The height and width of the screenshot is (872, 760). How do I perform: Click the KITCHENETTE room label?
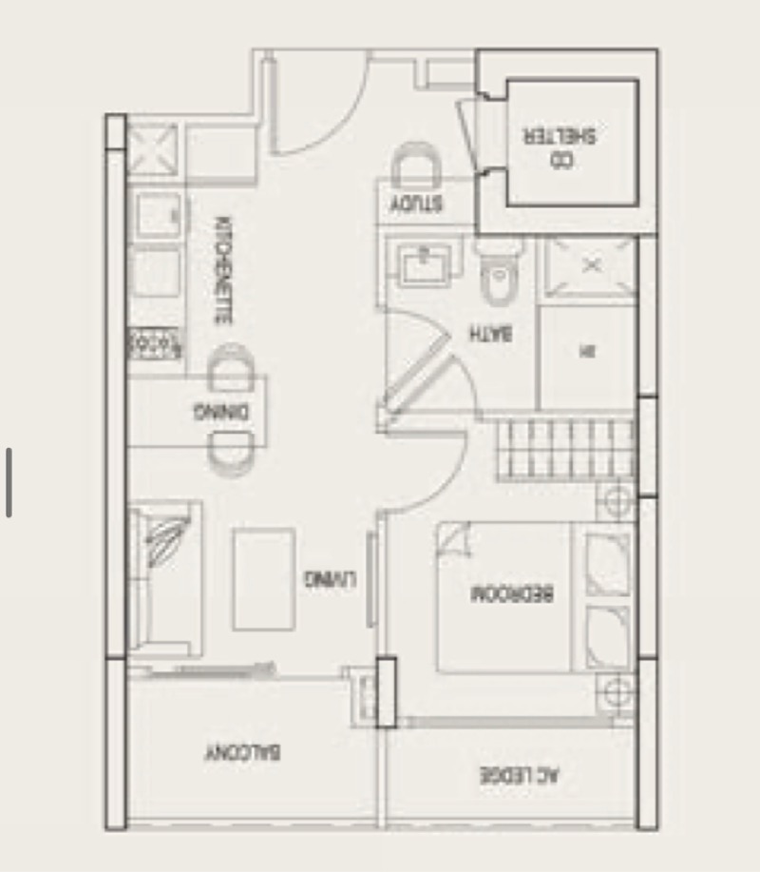point(222,272)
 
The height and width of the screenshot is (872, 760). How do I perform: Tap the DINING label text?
point(221,412)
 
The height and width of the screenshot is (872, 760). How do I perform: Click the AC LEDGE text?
point(519,775)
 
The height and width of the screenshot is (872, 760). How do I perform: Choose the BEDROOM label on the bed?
point(513,594)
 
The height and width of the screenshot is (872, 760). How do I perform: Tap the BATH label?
point(492,333)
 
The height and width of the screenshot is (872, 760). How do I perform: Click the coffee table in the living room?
point(263,579)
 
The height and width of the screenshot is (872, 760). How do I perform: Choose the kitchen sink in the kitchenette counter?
point(156,215)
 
